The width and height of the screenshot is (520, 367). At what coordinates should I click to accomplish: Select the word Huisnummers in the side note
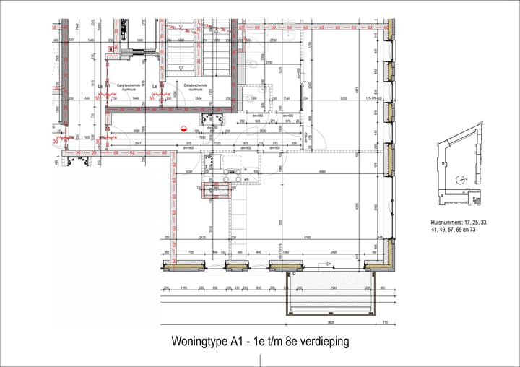tap(448, 223)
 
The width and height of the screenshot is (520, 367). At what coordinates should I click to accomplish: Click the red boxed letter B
tap(110, 49)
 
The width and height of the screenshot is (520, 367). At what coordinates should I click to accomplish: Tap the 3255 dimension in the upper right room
tap(344, 98)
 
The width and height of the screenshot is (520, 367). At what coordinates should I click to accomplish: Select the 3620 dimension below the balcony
tap(330, 322)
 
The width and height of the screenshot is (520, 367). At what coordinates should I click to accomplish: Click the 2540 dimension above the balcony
tap(331, 288)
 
